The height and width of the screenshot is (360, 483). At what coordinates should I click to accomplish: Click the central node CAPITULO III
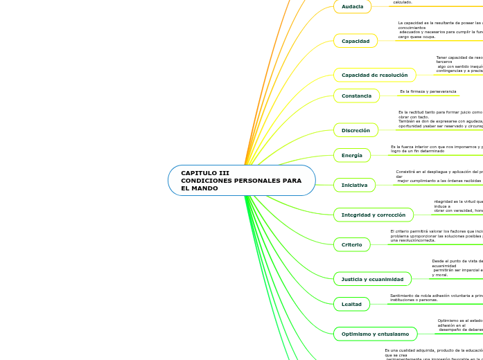pyautogui.click(x=241, y=180)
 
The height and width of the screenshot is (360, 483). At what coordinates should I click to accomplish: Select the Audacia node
pyautogui.click(x=352, y=6)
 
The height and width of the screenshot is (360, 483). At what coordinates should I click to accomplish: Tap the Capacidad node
pyautogui.click(x=355, y=41)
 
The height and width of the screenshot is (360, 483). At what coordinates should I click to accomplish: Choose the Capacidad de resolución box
pyautogui.click(x=374, y=75)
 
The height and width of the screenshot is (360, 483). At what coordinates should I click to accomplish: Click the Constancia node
pyautogui.click(x=356, y=96)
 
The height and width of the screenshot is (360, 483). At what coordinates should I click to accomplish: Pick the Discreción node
pyautogui.click(x=355, y=130)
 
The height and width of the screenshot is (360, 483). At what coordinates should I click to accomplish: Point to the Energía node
pyautogui.click(x=352, y=155)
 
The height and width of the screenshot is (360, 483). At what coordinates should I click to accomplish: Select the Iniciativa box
pyautogui.click(x=354, y=185)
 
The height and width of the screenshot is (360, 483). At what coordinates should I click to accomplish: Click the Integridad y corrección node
pyautogui.click(x=374, y=215)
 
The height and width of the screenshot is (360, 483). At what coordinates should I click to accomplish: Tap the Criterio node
pyautogui.click(x=352, y=244)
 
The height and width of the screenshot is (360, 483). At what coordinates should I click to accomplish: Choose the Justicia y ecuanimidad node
pyautogui.click(x=372, y=279)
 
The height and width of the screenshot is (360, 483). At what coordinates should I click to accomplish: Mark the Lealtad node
pyautogui.click(x=351, y=303)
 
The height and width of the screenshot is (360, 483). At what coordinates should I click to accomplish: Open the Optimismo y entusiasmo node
pyautogui.click(x=375, y=334)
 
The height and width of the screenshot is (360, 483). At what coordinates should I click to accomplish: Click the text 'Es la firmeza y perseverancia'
pyautogui.click(x=428, y=91)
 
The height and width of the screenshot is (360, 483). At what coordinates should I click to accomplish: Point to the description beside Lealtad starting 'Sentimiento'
pyautogui.click(x=436, y=298)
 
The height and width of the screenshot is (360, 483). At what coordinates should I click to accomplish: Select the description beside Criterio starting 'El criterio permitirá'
pyautogui.click(x=436, y=235)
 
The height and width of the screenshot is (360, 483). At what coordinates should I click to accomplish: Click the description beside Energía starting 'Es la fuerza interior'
pyautogui.click(x=436, y=148)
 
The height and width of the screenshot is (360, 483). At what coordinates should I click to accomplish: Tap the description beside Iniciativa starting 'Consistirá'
pyautogui.click(x=439, y=176)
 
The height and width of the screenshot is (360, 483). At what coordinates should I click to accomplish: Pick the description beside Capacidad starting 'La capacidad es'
pyautogui.click(x=439, y=30)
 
